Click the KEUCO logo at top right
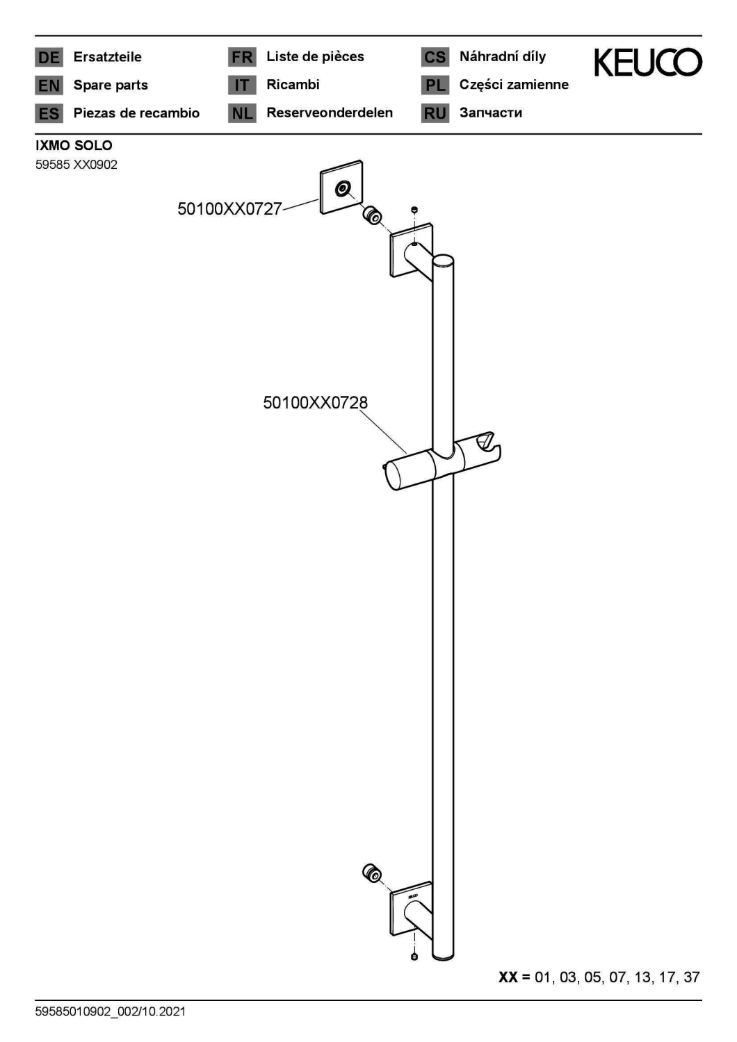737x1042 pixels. coord(647,63)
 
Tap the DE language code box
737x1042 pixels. coord(49,57)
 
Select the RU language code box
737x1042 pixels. coord(435,113)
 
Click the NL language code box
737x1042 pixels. coord(242,113)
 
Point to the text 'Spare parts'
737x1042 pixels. coord(111,85)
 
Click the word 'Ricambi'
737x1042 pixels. coord(293,85)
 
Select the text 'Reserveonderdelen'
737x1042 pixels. coord(330,113)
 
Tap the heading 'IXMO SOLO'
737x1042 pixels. coord(74,146)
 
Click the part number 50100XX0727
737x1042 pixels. coord(230,208)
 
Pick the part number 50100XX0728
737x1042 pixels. coord(315,402)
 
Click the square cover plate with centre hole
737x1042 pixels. coord(341,187)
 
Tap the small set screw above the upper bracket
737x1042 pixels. coord(414,210)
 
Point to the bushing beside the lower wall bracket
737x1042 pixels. coord(372,873)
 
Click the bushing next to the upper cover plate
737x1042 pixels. coord(373,215)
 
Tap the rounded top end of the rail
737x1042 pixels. coord(443,260)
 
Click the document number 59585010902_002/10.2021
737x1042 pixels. coord(111,1011)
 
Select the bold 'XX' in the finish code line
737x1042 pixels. coord(508,977)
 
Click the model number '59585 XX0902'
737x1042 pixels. coord(76,165)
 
